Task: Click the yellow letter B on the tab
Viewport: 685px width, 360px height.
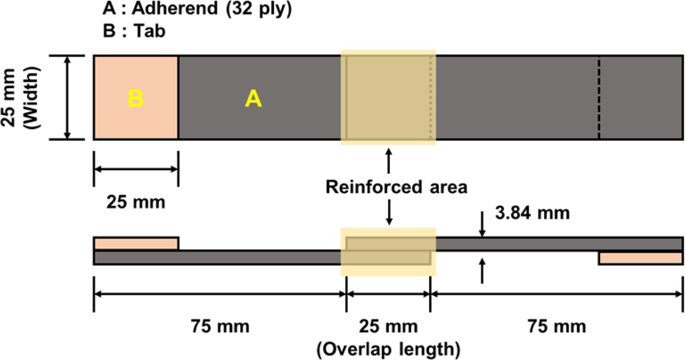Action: click(136, 98)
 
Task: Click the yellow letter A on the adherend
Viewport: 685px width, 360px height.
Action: click(253, 99)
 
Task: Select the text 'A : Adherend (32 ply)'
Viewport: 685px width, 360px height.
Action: click(197, 8)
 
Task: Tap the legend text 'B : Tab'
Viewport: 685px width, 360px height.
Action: click(134, 31)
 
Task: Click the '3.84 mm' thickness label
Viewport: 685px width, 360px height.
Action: click(532, 213)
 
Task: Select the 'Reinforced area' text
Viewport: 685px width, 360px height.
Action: click(396, 187)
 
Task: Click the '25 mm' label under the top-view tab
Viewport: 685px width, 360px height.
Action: click(136, 202)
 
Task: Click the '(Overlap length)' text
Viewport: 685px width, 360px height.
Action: click(388, 349)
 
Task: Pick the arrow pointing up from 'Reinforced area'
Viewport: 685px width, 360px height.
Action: click(388, 161)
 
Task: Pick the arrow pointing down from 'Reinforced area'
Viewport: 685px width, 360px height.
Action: click(389, 213)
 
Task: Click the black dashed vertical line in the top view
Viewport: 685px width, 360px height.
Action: click(599, 98)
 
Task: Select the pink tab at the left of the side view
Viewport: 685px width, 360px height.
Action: click(136, 244)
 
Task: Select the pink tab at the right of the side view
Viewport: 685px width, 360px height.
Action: click(641, 258)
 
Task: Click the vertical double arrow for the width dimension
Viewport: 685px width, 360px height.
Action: click(68, 98)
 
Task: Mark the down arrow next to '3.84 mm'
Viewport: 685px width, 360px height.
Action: click(482, 224)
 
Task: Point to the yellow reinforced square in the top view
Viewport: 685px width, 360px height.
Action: click(388, 98)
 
